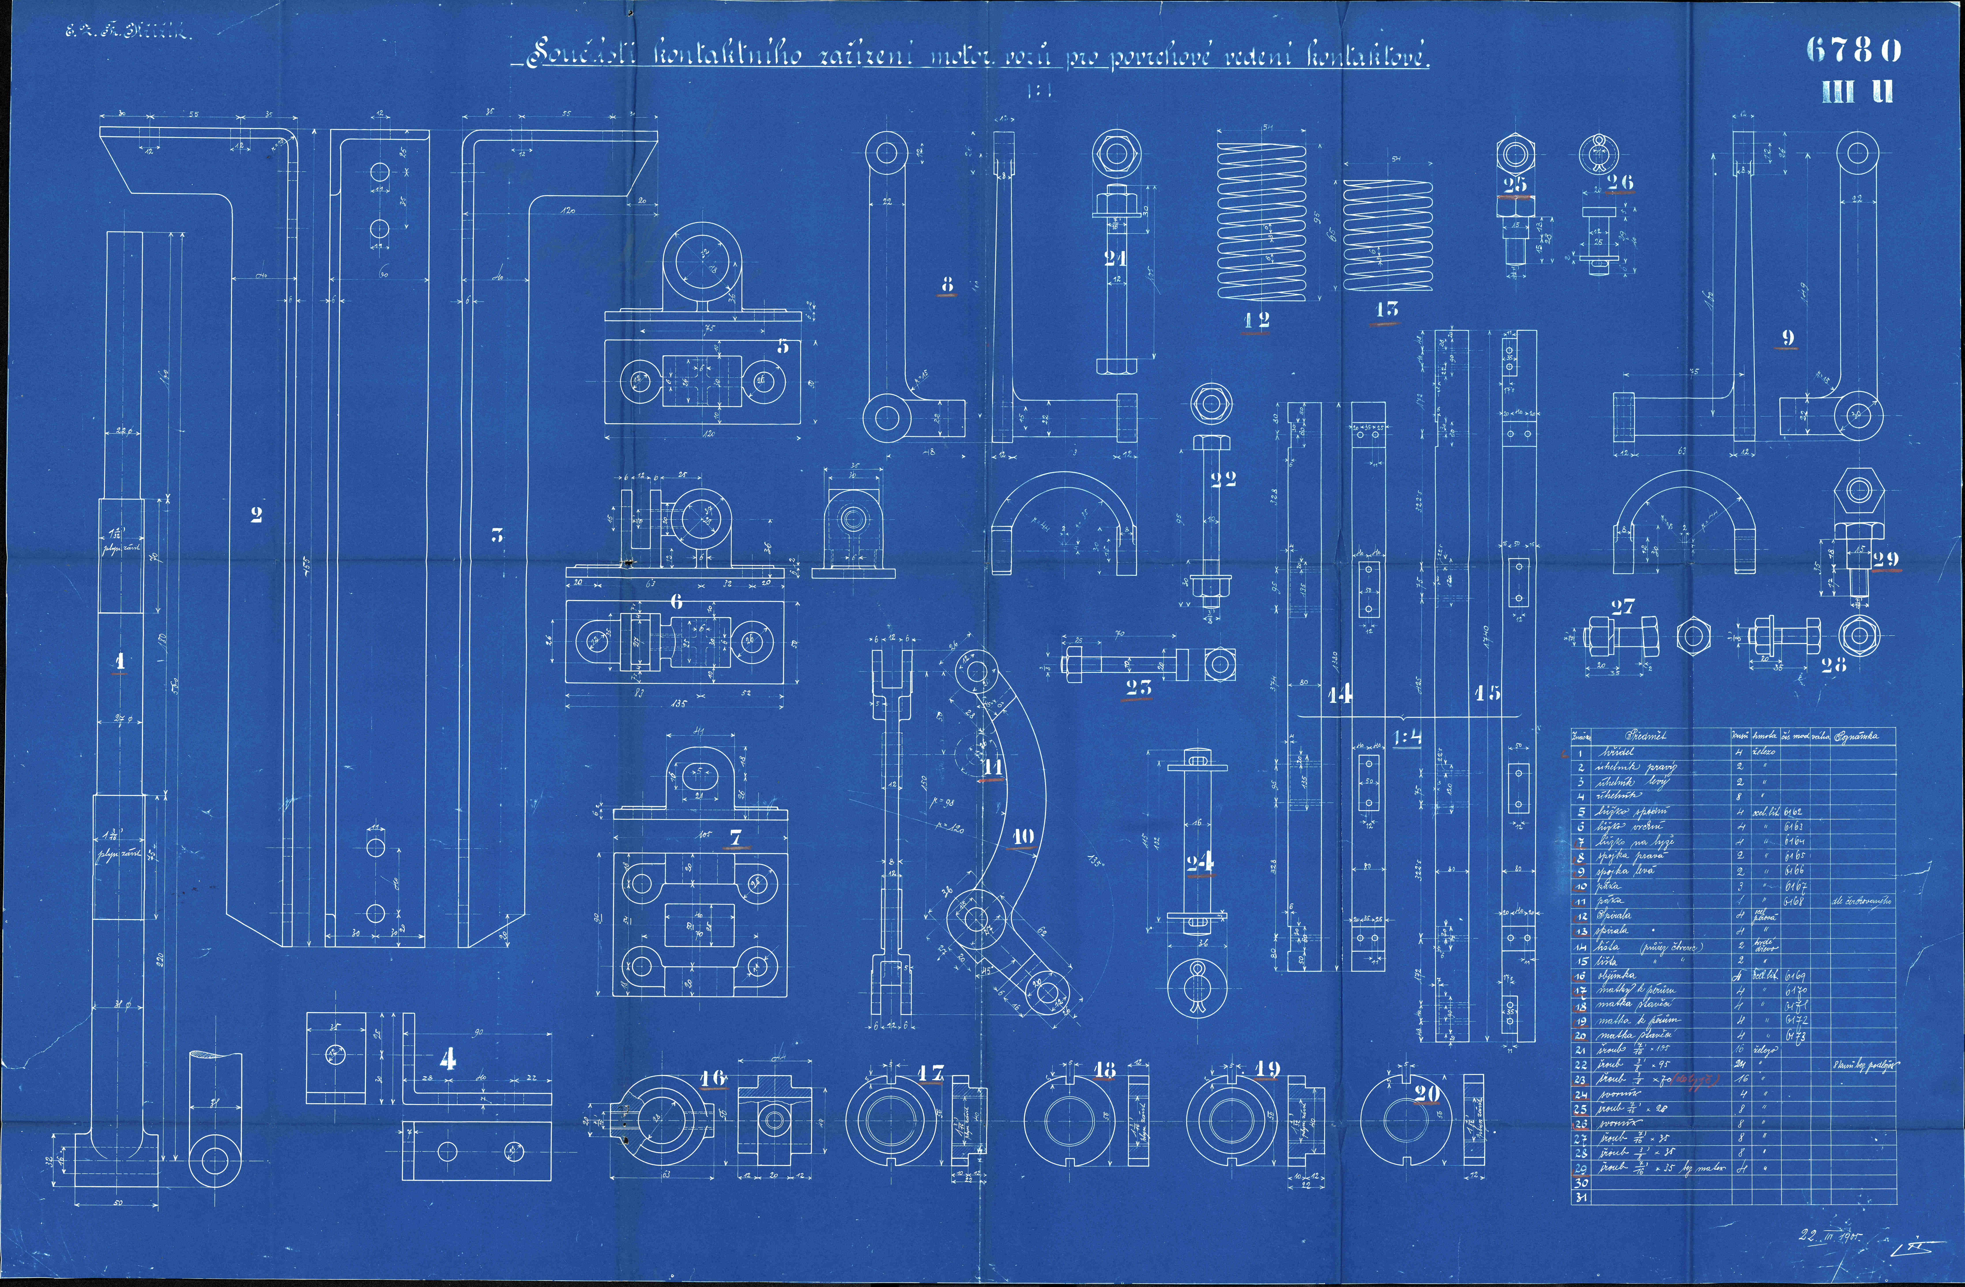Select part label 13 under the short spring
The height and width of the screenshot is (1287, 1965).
click(x=1386, y=310)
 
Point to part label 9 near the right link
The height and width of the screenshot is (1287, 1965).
click(x=1788, y=338)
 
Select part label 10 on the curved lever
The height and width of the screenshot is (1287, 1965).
click(x=1022, y=836)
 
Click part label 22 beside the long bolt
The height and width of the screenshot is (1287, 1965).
click(x=1223, y=480)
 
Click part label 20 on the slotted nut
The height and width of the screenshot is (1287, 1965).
click(x=1427, y=1094)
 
